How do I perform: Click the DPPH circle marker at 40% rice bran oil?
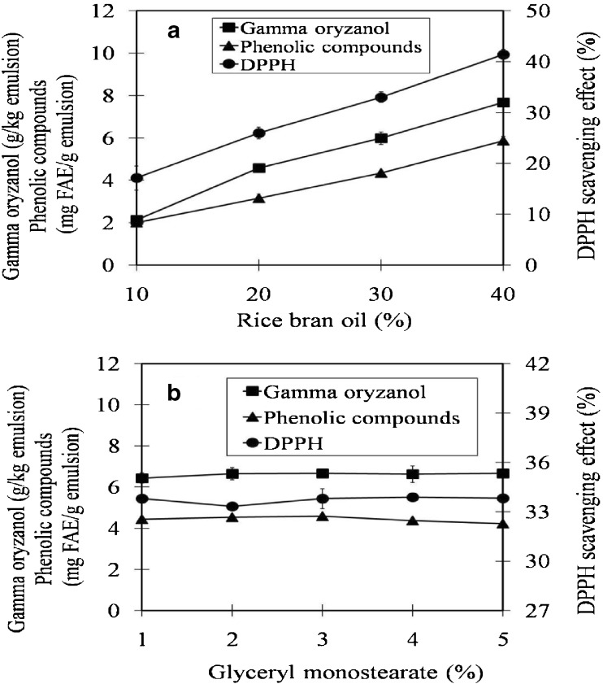[504, 54]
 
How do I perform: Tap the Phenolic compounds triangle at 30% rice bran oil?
[381, 172]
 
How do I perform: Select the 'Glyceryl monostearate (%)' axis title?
[323, 672]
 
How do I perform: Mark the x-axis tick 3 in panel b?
[323, 637]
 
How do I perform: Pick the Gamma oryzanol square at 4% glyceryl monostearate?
[413, 474]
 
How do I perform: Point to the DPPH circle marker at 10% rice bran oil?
[137, 178]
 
